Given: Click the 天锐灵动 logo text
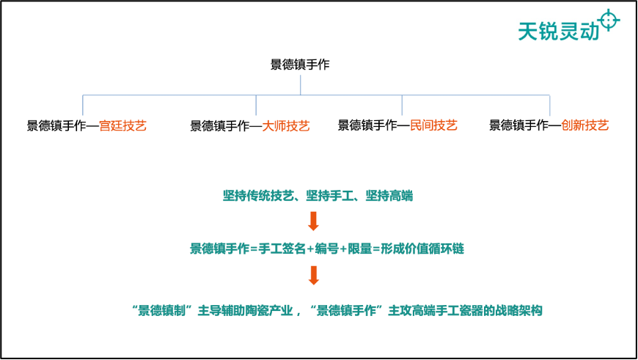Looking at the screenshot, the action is click(x=558, y=31).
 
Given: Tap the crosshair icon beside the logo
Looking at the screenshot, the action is click(x=609, y=20).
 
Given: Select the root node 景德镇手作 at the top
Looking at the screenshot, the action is click(x=300, y=65).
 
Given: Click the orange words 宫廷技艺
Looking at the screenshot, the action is click(x=122, y=125).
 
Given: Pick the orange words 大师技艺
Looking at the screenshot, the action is click(x=286, y=125).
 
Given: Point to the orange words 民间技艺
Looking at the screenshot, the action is click(x=433, y=125).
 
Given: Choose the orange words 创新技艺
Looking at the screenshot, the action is click(x=584, y=125).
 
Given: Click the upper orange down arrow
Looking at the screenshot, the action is click(x=313, y=221).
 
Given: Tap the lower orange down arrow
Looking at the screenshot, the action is click(x=313, y=276).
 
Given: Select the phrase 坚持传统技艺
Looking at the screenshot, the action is click(x=258, y=196).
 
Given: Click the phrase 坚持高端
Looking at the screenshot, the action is click(x=389, y=196).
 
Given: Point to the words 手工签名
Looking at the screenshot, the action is click(x=282, y=249).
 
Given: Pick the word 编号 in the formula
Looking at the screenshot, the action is click(x=327, y=249).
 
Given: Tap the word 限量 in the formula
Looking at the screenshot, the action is click(x=359, y=249).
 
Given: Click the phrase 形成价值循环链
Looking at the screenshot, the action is click(x=422, y=249).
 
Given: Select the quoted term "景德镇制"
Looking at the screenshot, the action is click(x=162, y=311).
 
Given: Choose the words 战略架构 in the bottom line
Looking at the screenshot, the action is click(x=518, y=311).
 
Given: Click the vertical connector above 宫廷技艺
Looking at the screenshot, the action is click(x=83, y=106).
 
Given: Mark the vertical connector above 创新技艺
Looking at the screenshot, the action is click(x=550, y=106).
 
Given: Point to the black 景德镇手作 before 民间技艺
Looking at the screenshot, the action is click(x=367, y=125).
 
